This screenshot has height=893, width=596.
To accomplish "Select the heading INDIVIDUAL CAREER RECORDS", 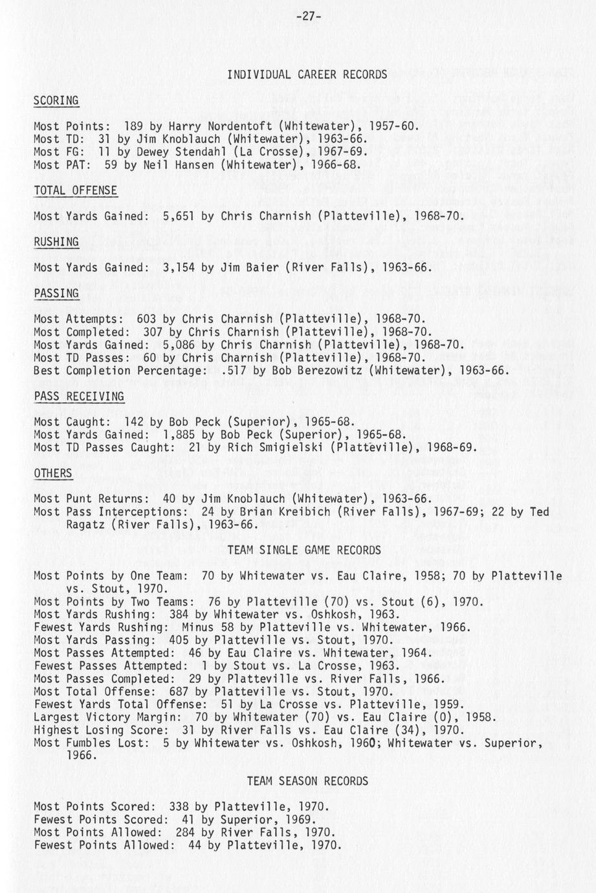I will point(307,74).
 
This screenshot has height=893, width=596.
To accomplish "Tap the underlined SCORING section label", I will point(56,100).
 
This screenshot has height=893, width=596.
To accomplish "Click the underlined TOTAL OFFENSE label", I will point(76,190).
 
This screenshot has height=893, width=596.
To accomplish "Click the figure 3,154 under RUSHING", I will point(179,267).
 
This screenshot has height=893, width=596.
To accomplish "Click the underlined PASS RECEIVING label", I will point(79,396).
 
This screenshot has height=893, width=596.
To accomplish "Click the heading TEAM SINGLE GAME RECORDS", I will point(304,550).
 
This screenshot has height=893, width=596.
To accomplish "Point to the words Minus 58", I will point(208,627).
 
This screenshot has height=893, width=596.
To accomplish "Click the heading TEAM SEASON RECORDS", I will point(307,781).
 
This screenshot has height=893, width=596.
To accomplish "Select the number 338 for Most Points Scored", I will point(179,807).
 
